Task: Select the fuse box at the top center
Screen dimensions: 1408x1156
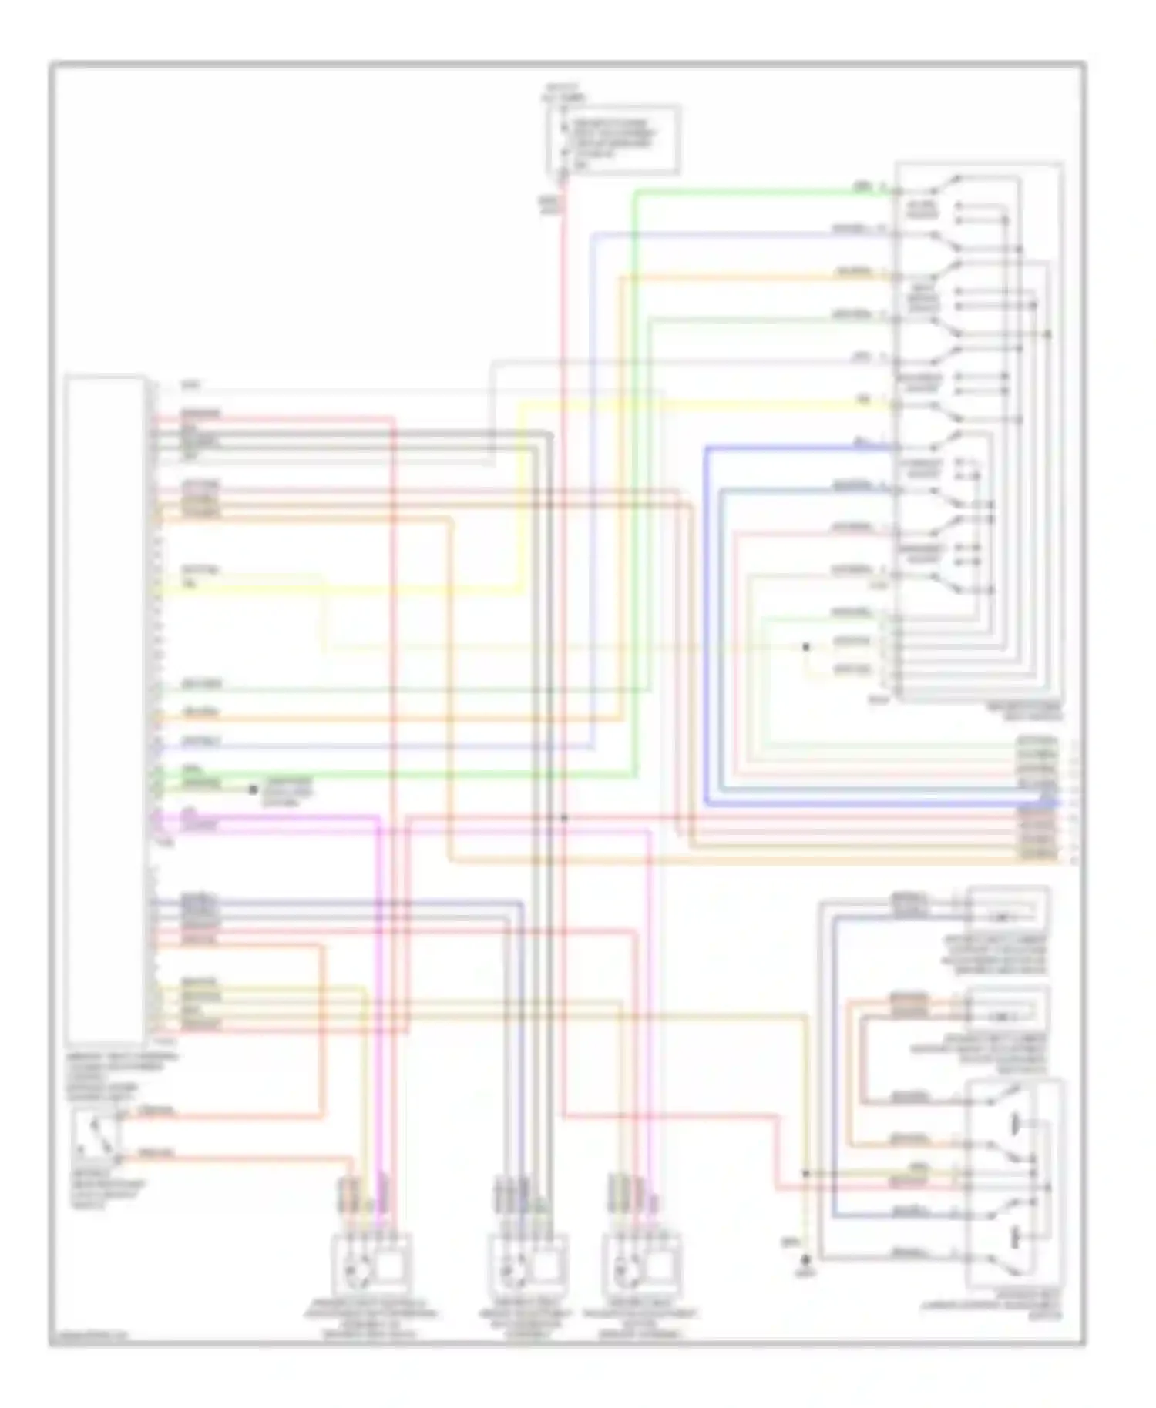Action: (613, 139)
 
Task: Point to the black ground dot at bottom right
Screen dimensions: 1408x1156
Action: (807, 1261)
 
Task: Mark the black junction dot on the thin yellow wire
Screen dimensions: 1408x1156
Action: (806, 647)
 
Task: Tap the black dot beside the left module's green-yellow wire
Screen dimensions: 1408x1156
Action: (252, 789)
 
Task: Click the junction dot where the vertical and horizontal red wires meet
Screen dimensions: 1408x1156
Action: (565, 817)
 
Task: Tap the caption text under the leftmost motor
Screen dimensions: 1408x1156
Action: (371, 1319)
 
